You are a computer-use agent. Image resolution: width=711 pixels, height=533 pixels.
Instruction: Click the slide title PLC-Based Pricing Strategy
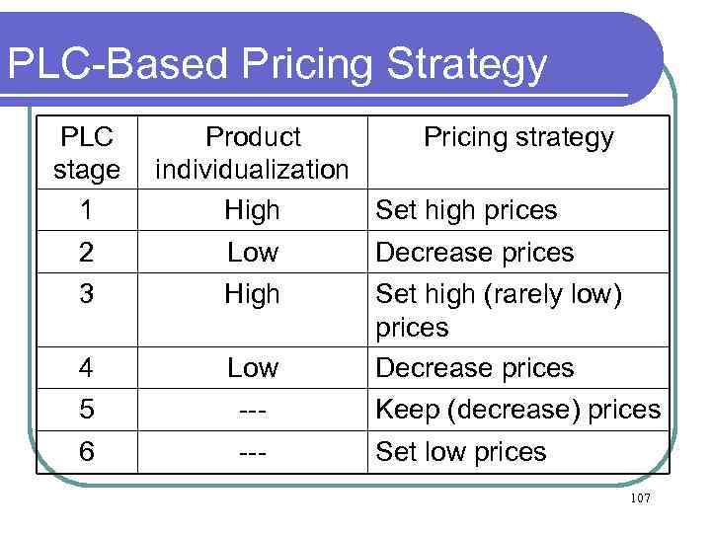click(276, 64)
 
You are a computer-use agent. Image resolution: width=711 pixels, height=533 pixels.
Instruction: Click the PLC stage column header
click(86, 153)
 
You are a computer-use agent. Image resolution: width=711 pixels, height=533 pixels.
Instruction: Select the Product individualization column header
click(253, 153)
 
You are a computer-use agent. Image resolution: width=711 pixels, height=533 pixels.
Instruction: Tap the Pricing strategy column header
click(518, 137)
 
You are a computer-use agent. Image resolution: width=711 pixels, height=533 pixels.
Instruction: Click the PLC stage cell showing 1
click(86, 210)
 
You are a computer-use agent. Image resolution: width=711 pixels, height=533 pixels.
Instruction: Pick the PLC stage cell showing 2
click(86, 253)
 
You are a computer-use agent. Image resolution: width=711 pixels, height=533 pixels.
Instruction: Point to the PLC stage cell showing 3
click(86, 294)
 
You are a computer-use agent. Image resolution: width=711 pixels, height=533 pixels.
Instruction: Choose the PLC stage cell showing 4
click(86, 368)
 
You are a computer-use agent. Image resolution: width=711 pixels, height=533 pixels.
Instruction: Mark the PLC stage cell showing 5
click(86, 410)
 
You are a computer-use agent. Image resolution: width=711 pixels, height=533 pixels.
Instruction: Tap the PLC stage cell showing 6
click(86, 452)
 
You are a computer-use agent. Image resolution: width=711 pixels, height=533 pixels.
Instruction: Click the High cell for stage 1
click(253, 210)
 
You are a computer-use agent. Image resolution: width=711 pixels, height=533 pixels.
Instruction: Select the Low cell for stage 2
click(253, 253)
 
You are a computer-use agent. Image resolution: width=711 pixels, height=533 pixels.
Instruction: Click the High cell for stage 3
click(253, 294)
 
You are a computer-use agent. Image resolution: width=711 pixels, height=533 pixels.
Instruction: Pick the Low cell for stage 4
click(253, 368)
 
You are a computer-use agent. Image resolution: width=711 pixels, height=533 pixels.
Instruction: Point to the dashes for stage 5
click(253, 410)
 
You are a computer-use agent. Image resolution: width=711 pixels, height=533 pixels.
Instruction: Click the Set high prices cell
click(467, 210)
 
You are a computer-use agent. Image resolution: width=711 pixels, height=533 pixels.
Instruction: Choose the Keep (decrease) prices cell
click(518, 410)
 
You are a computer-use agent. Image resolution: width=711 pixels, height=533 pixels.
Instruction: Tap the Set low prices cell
click(461, 452)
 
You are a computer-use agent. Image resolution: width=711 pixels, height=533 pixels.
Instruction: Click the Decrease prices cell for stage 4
click(475, 368)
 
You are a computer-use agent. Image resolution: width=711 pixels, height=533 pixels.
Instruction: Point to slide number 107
click(640, 498)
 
